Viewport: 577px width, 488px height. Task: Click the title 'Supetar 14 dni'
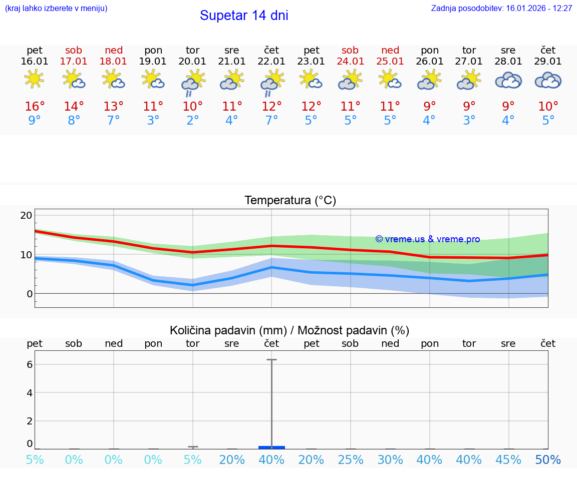point(244,16)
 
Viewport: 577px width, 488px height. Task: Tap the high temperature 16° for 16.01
point(35,107)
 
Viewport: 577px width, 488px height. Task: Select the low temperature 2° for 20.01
point(192,121)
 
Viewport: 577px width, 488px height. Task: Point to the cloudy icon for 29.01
point(548,81)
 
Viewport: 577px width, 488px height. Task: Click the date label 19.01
point(153,62)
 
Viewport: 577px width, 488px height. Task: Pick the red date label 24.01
point(350,62)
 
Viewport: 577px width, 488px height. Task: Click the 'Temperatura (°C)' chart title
point(290,201)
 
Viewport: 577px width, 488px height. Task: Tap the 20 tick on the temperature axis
point(26,215)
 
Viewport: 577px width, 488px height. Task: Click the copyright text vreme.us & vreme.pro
point(427,239)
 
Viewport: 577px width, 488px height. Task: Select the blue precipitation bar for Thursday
point(271,447)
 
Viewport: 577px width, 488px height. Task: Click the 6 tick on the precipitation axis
point(30,364)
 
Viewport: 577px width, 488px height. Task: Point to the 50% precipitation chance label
point(548,459)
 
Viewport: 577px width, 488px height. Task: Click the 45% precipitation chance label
point(508,459)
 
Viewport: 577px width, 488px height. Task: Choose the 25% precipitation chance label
point(350,459)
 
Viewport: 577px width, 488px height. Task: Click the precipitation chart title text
point(290,330)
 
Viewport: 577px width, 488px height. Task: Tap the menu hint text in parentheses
point(56,9)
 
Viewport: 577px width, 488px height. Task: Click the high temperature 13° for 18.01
point(114,107)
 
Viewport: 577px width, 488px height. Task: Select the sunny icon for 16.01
point(34,79)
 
